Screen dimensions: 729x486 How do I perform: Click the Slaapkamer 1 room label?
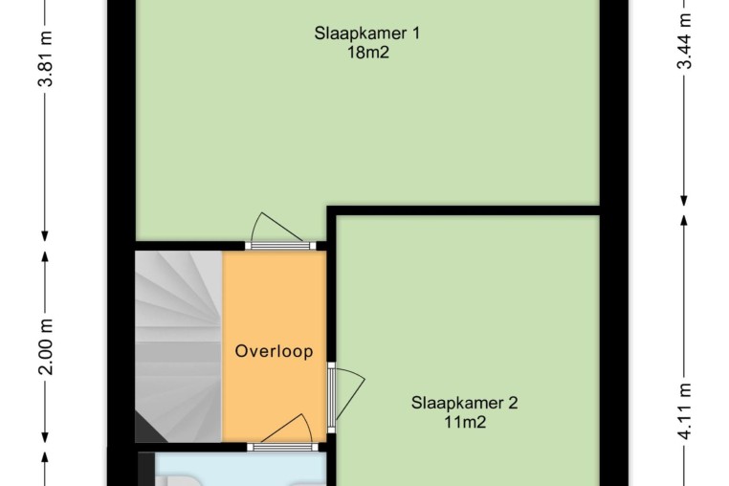366,33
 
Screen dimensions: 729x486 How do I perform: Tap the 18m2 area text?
367,53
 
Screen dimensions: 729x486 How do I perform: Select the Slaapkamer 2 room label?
464,403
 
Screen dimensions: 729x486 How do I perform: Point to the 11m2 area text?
465,422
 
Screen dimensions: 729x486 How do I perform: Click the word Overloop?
274,351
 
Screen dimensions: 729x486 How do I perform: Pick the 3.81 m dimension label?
47,58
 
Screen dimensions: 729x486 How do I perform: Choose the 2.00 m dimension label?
47,347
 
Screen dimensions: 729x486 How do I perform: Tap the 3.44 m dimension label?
684,41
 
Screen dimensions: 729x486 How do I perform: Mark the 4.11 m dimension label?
684,411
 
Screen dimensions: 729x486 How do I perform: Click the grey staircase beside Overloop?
179,346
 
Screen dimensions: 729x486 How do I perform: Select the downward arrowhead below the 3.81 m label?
45,236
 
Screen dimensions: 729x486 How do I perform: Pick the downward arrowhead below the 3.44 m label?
684,200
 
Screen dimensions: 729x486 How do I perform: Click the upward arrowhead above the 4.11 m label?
684,221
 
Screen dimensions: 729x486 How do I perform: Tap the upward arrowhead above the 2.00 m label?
45,257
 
